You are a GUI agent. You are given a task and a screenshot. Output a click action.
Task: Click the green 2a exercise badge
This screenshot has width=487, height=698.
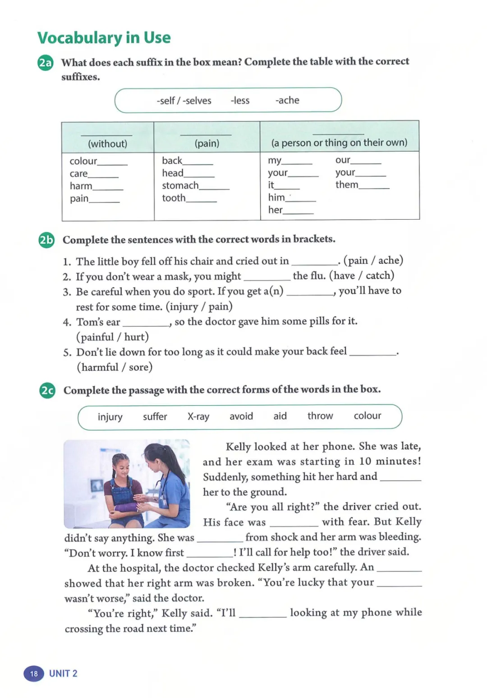click(45, 63)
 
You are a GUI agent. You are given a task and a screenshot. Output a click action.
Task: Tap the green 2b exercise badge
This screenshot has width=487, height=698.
click(46, 240)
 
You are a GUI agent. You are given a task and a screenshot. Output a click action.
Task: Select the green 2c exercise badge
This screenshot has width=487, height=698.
click(47, 390)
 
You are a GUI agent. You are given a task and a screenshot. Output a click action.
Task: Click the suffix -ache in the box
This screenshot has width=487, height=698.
click(287, 100)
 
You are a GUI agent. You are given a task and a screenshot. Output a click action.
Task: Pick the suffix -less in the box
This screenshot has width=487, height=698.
click(240, 100)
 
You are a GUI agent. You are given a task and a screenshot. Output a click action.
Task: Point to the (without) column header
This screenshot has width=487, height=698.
click(107, 143)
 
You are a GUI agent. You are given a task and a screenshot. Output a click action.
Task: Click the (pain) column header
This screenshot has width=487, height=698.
click(207, 143)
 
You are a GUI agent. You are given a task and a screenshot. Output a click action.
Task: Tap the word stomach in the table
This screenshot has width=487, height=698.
click(180, 185)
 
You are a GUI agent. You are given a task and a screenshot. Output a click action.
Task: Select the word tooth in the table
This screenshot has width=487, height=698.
click(174, 198)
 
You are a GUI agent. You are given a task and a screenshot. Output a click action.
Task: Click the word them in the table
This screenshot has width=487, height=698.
click(347, 185)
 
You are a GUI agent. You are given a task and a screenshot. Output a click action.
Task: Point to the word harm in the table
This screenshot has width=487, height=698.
click(81, 186)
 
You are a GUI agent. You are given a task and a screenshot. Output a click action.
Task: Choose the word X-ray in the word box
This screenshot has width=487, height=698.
click(198, 416)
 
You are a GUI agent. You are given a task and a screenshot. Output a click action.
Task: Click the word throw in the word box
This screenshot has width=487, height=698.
click(320, 416)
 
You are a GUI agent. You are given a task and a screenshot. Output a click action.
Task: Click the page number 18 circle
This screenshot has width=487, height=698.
click(34, 674)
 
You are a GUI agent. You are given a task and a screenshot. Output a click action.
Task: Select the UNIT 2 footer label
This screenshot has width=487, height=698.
click(63, 674)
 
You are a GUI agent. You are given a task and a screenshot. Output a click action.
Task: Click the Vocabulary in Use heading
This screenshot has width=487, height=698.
click(104, 38)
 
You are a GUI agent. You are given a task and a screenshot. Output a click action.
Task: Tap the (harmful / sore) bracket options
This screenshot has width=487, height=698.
click(115, 367)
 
